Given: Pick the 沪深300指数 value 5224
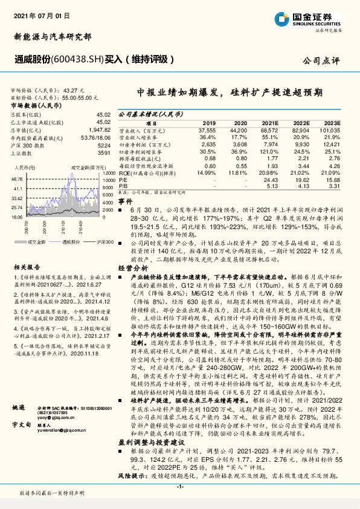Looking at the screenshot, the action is coord(104,146).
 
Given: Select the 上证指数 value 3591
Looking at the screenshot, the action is coord(104,154).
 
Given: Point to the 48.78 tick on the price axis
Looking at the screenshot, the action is coord(17,180).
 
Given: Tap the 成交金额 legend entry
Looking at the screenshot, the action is coord(37,241).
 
